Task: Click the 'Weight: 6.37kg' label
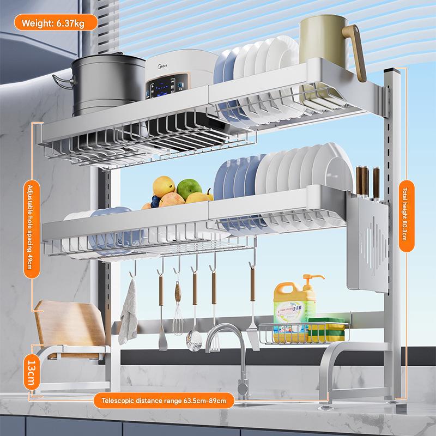(x=56, y=23)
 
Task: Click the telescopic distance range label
(x=164, y=401)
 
